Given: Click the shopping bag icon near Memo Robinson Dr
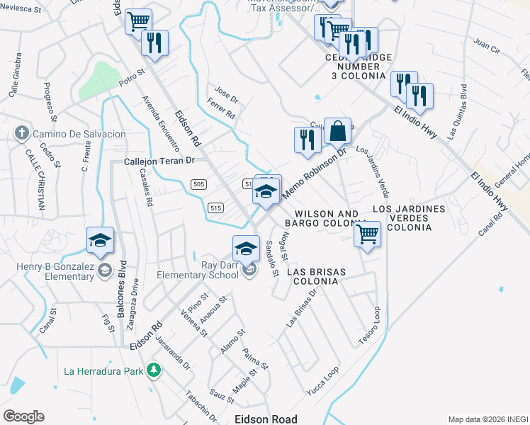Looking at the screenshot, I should coord(338,131).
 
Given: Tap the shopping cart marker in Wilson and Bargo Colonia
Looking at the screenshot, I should coord(367,233).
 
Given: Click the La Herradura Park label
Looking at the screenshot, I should coord(103,370).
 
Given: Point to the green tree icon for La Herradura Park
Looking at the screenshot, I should coord(152,370).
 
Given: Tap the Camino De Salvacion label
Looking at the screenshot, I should coord(78,134).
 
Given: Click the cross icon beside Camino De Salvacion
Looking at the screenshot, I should coord(21,133).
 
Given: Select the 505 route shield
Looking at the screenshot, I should coord(198,184).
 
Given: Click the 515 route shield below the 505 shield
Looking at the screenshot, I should coord(216,208).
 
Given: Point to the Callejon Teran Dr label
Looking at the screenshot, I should coord(159,161).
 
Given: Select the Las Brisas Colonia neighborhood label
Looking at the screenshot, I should coord(312,276).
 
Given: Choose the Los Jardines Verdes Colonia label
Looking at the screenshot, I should coord(409,218).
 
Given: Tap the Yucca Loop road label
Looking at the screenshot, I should coord(322,380).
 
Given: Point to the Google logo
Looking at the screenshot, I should coord(23,416).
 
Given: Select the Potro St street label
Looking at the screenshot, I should coord(132,77).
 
